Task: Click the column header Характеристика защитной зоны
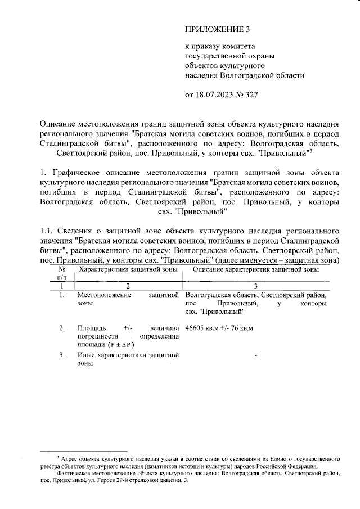[129, 270]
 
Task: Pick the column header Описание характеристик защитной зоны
[255, 270]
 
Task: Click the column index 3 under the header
[255, 286]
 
